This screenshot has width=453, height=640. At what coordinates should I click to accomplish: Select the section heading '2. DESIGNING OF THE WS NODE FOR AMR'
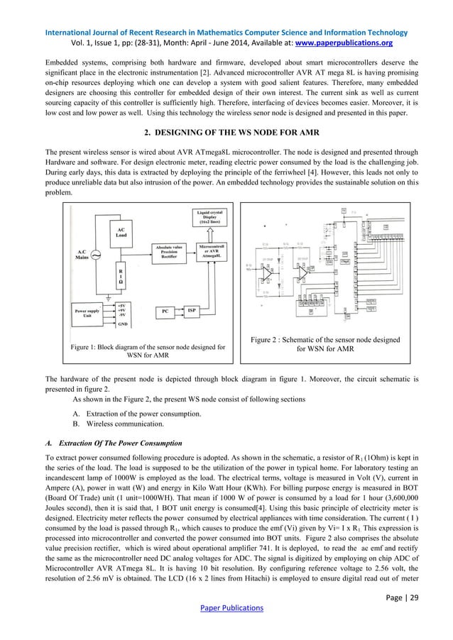[x=226, y=132]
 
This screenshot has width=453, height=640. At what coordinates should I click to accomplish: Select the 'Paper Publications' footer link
[x=226, y=608]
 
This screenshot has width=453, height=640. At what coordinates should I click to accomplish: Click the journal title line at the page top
[x=226, y=32]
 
